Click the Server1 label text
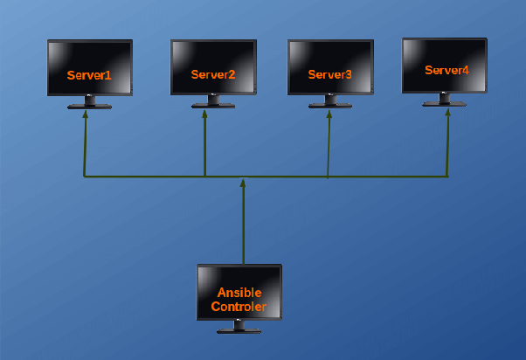(89, 75)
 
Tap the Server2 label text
(213, 74)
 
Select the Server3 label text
(329, 74)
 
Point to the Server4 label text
(446, 70)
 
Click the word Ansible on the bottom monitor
(239, 294)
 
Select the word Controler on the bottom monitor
(239, 307)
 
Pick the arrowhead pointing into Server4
(448, 111)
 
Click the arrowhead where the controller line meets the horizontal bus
(243, 182)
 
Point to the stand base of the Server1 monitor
(90, 107)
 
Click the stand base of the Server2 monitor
(213, 106)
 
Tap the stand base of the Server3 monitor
(330, 106)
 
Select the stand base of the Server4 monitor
(444, 104)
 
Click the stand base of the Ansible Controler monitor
(239, 331)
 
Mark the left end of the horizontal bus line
(85, 177)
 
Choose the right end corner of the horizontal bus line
(447, 177)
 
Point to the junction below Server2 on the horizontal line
(204, 177)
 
